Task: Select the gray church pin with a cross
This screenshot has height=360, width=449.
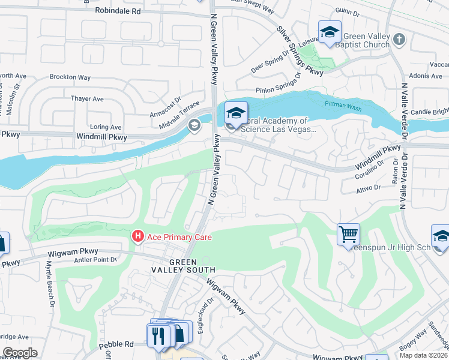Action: click(x=400, y=40)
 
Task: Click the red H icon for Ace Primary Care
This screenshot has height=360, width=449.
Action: click(x=137, y=237)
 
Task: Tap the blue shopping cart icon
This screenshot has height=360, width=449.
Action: click(x=348, y=233)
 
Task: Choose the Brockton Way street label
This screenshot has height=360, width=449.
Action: click(x=70, y=77)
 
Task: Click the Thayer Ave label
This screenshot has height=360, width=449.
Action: click(x=87, y=99)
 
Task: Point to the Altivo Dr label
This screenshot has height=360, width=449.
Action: click(x=369, y=187)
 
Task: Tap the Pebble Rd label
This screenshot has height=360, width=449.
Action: click(x=121, y=344)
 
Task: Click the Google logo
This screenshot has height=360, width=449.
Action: click(x=20, y=353)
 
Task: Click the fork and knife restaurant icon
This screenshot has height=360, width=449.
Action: click(x=158, y=334)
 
